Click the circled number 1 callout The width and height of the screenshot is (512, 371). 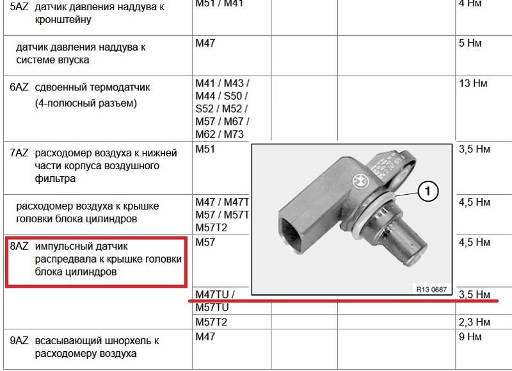[x=428, y=191]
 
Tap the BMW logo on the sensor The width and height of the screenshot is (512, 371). [x=360, y=180]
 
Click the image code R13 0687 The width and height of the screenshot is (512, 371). [x=431, y=289]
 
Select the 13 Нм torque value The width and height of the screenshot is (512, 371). [x=473, y=83]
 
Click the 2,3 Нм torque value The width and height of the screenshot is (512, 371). [x=474, y=322]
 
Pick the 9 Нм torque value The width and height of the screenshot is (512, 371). [x=470, y=336]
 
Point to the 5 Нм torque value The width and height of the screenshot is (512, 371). [x=470, y=43]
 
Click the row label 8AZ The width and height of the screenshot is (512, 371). [x=19, y=246]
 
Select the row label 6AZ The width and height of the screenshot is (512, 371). [x=19, y=87]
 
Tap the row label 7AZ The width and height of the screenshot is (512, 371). [x=19, y=153]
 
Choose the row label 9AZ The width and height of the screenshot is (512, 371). [x=19, y=340]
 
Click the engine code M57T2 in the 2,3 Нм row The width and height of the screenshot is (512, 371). [x=211, y=322]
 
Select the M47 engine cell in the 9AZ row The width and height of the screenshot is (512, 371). [x=205, y=336]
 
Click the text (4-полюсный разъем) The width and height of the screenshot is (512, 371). [x=86, y=103]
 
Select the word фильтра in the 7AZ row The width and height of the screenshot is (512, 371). [x=55, y=179]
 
